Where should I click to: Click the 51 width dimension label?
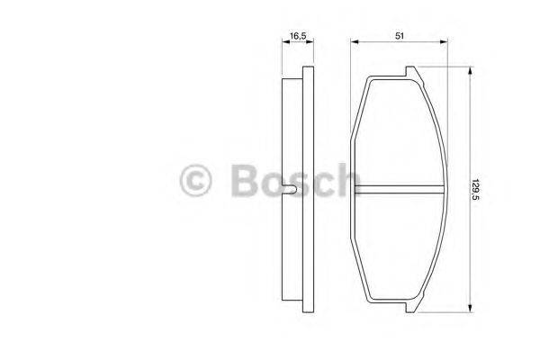[x=398, y=35]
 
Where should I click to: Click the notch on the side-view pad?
[x=290, y=190]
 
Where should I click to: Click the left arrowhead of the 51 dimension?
[x=353, y=41]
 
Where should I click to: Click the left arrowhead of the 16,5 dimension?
[x=283, y=41]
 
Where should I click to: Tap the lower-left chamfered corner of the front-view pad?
[x=359, y=274]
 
